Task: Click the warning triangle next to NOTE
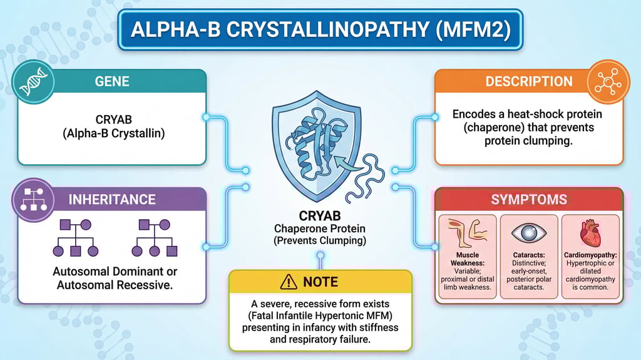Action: pyautogui.click(x=289, y=282)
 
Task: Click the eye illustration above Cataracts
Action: pyautogui.click(x=528, y=232)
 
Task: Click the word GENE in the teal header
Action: pyautogui.click(x=112, y=82)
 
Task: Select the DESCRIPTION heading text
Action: pyautogui.click(x=528, y=82)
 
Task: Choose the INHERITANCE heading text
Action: pyautogui.click(x=112, y=200)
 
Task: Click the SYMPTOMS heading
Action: pyautogui.click(x=528, y=200)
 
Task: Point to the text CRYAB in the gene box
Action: pyautogui.click(x=112, y=119)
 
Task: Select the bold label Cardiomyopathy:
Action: pyautogui.click(x=590, y=256)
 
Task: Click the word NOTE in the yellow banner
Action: pyautogui.click(x=320, y=282)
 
